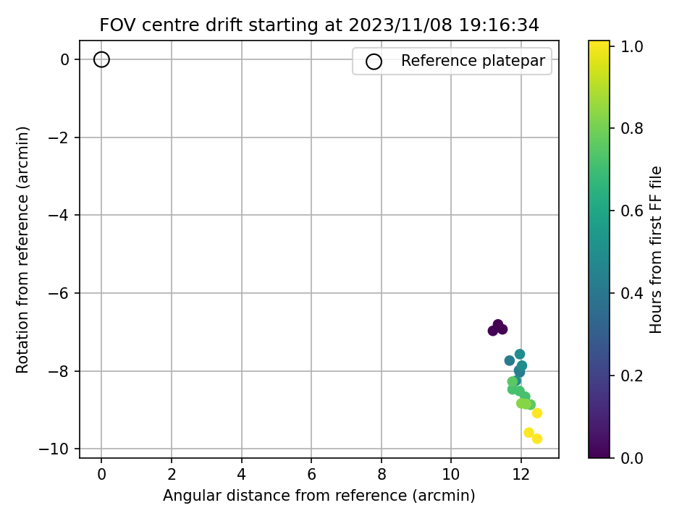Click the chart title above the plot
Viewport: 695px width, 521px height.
(x=319, y=25)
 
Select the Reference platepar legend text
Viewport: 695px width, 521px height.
(x=473, y=61)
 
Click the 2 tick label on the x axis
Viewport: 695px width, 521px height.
(x=172, y=475)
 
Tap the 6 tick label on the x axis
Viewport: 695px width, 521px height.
(x=311, y=475)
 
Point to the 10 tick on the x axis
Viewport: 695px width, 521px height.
(x=451, y=475)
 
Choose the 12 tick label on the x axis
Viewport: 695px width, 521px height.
(x=521, y=475)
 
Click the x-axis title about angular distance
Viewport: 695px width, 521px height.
(x=319, y=495)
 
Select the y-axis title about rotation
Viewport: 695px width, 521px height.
(x=22, y=250)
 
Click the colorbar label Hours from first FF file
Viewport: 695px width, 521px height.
(x=656, y=250)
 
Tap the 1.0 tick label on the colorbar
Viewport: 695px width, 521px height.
(x=631, y=46)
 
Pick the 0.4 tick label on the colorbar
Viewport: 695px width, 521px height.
(x=631, y=293)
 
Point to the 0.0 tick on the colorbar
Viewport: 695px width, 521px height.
(x=631, y=457)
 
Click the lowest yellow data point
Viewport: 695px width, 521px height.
(x=537, y=439)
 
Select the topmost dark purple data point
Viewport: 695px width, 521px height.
(x=498, y=324)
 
